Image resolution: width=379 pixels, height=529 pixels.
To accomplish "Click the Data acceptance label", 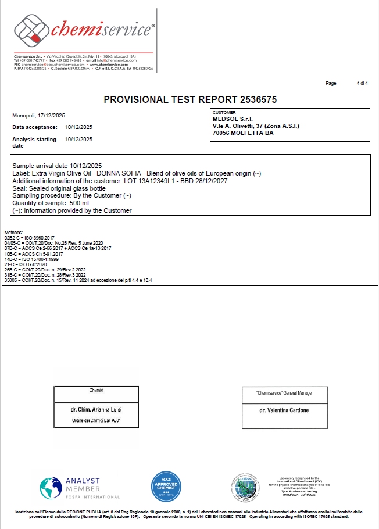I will (x=35, y=127).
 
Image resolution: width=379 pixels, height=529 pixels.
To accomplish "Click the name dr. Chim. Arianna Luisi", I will (x=96, y=409).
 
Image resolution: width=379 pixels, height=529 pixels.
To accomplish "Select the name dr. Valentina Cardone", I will (x=284, y=410).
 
